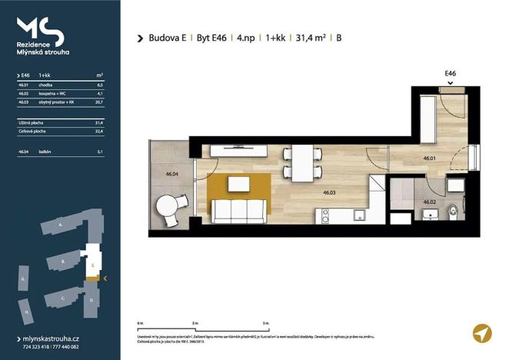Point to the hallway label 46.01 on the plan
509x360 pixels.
point(430,159)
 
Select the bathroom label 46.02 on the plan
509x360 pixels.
point(430,202)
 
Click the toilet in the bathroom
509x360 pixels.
point(455,209)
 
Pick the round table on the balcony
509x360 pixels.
point(168,207)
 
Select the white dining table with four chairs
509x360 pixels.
point(307,162)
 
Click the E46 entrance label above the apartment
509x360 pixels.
point(451,73)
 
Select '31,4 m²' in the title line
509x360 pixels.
point(307,38)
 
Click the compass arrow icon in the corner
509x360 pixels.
point(481,333)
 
